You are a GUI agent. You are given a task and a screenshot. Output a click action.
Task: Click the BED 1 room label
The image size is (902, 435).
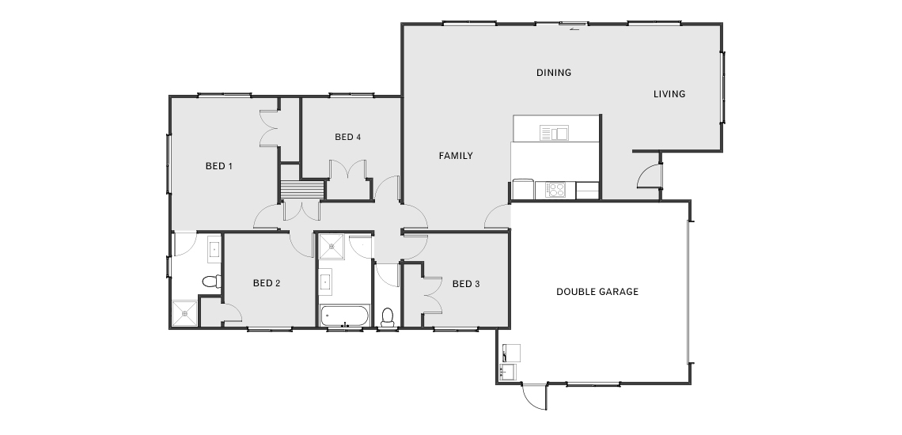(x=218, y=166)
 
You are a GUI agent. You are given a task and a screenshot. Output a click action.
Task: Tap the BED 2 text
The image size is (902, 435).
(x=267, y=283)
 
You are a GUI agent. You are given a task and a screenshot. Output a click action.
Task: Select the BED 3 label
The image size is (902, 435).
(x=466, y=284)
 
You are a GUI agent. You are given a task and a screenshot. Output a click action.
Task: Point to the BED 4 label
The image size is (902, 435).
(x=348, y=137)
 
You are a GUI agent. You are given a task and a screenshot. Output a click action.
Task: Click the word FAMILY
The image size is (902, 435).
(x=456, y=155)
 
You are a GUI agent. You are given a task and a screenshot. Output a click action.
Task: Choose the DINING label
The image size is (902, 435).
(x=554, y=73)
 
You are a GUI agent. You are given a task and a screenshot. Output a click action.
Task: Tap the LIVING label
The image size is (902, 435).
(x=669, y=94)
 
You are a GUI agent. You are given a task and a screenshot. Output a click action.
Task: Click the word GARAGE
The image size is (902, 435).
(x=619, y=292)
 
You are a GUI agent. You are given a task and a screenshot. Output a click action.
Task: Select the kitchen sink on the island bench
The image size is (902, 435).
(x=554, y=133)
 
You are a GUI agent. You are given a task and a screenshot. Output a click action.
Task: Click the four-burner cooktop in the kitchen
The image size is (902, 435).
(x=555, y=190)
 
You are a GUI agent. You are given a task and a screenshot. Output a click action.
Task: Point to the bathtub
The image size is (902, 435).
(x=344, y=316)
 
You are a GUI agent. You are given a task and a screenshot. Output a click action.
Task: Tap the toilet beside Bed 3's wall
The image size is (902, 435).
(x=387, y=317)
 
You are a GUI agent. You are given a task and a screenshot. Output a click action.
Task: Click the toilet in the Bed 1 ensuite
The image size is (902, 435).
(x=211, y=282)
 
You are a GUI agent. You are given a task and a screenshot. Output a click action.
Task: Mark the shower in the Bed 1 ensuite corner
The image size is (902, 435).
(x=184, y=313)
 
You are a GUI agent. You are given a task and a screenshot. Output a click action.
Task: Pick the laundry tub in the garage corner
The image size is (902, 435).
(x=508, y=373)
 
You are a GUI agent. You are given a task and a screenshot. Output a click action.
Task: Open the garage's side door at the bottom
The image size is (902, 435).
(x=532, y=397)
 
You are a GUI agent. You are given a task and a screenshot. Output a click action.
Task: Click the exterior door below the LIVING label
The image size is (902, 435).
(x=649, y=175)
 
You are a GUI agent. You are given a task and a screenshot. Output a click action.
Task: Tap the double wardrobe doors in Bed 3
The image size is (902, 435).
(x=432, y=295)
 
